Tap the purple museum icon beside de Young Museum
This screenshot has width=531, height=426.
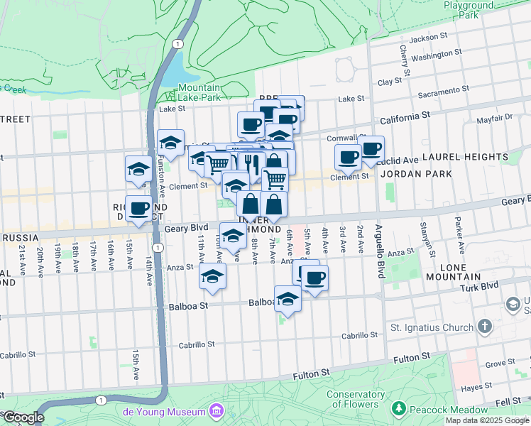pos(216,412)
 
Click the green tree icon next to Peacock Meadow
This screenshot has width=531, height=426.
pos(400,410)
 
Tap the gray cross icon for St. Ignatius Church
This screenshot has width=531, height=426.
pos(485,327)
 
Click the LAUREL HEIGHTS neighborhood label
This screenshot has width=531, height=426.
pos(485,157)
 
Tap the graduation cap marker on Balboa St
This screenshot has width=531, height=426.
pos(288,297)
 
